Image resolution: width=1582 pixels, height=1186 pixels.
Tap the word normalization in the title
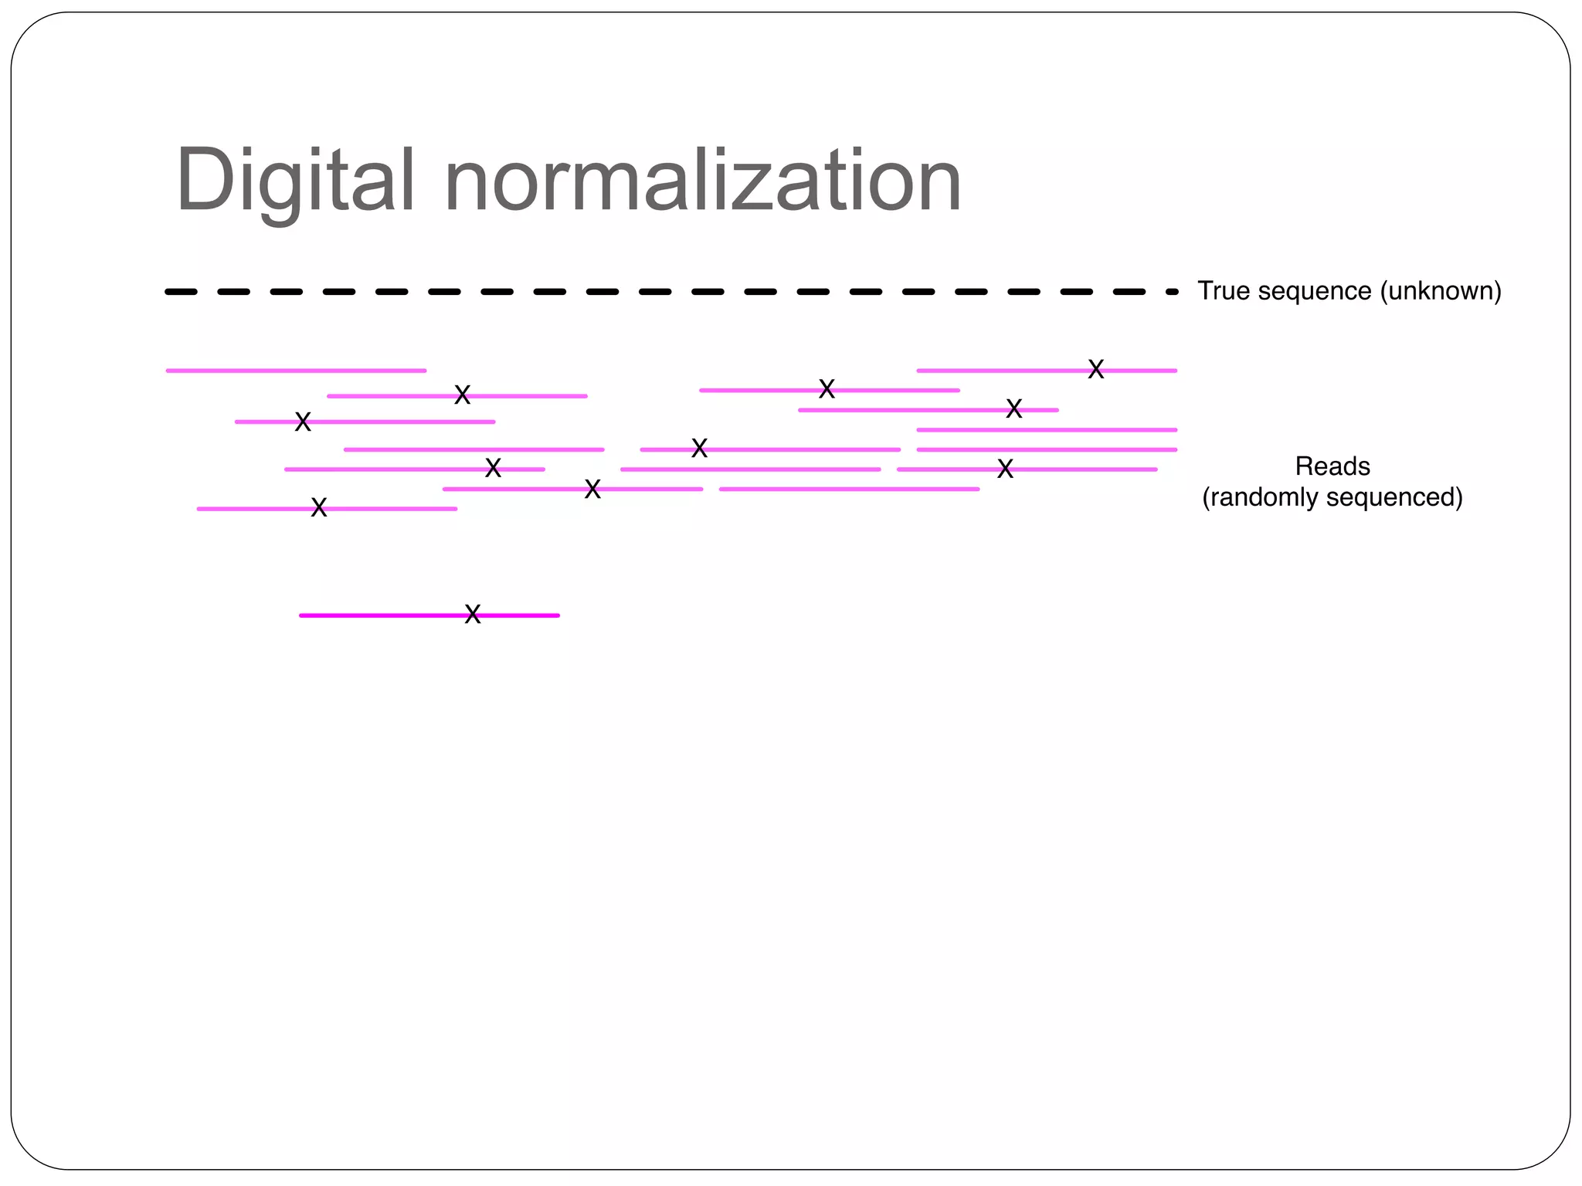pos(703,181)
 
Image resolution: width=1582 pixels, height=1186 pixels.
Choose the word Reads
pos(1332,466)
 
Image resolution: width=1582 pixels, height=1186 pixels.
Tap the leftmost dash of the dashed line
pos(181,292)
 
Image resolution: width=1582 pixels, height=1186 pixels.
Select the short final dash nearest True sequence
pos(1172,292)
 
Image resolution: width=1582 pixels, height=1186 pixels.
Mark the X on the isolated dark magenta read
pos(473,615)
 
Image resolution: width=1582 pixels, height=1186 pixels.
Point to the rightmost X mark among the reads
pos(1095,369)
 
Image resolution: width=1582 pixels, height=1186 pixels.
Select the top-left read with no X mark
pos(296,371)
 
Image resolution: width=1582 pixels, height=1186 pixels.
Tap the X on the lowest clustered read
pos(319,507)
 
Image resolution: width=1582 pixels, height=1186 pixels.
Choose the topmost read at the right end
pos(1004,371)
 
